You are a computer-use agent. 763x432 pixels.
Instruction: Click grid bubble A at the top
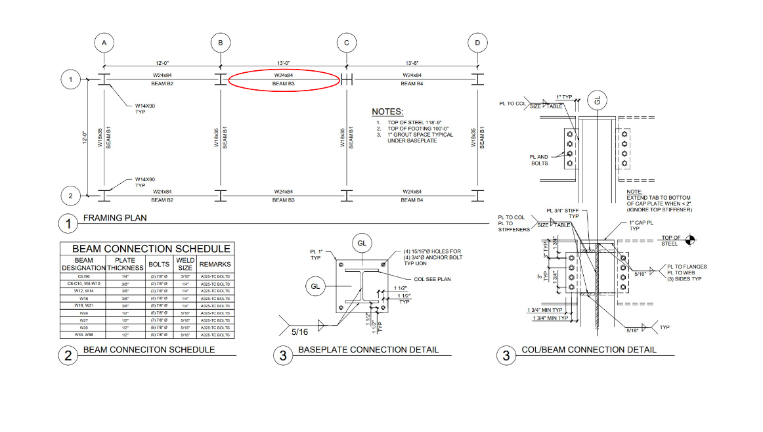pyautogui.click(x=104, y=43)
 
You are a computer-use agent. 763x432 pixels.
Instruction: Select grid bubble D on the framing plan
pyautogui.click(x=477, y=43)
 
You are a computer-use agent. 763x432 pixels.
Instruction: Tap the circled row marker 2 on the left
pyautogui.click(x=70, y=196)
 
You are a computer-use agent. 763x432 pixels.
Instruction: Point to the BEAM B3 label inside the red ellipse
pyautogui.click(x=284, y=84)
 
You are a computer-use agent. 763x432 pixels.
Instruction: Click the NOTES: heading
pyautogui.click(x=387, y=112)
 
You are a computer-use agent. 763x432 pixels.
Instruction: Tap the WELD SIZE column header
pyautogui.click(x=185, y=264)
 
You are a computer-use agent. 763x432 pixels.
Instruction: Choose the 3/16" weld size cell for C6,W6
pyautogui.click(x=185, y=277)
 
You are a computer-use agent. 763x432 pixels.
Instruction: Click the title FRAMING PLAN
pyautogui.click(x=115, y=218)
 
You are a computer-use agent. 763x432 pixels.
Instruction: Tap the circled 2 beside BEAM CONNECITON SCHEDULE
pyautogui.click(x=68, y=356)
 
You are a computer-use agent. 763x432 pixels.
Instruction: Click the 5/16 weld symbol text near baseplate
pyautogui.click(x=299, y=332)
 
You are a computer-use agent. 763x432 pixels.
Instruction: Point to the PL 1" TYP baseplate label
pyautogui.click(x=316, y=255)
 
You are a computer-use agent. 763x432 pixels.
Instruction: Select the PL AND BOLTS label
pyautogui.click(x=539, y=160)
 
